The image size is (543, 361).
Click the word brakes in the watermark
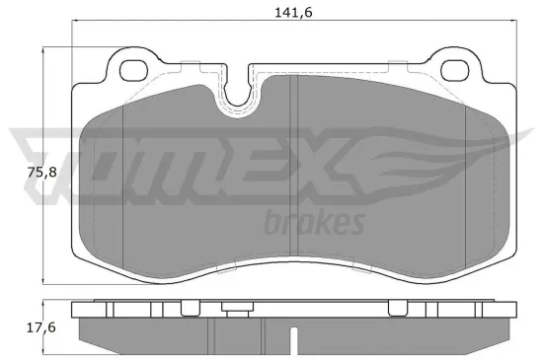click(315, 222)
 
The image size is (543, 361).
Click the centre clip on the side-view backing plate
click(234, 309)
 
